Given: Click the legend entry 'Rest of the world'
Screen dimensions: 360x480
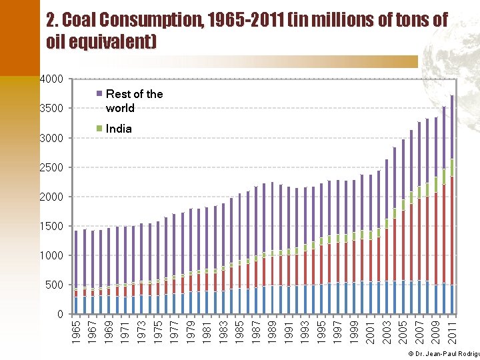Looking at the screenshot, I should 133,101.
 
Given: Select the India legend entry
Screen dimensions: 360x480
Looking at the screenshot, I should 119,129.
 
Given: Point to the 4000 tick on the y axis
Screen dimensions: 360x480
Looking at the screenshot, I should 52,79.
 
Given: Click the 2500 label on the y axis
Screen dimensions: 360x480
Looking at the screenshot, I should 52,167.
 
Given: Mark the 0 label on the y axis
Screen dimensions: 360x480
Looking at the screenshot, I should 60,314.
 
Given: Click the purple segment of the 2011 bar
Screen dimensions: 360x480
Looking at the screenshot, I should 452,127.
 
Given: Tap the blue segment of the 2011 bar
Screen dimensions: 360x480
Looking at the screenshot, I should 452,299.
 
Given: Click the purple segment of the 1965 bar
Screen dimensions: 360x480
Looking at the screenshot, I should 76,260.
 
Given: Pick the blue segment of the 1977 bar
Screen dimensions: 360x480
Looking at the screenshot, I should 174,303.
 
